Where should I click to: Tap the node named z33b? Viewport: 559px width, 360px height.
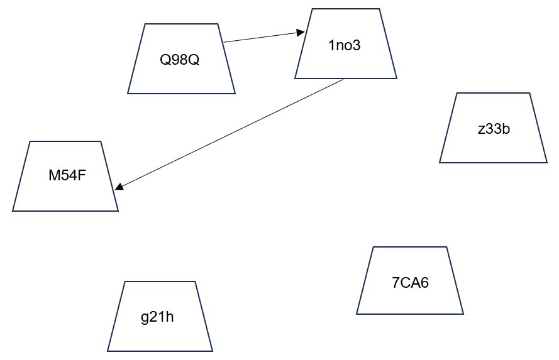pos(493,128)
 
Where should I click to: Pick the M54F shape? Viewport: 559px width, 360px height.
pos(65,176)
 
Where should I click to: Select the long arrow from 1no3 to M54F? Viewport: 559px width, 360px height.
pos(230,134)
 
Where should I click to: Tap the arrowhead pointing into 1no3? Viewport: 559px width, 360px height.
pos(302,32)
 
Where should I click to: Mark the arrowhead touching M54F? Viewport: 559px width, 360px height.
pos(119,186)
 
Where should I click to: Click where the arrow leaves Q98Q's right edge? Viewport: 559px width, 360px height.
pos(224,42)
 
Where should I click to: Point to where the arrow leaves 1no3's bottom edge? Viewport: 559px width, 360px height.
pos(343,79)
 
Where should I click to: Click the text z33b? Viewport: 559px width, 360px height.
pos(493,129)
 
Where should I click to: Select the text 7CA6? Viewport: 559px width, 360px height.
pos(410,283)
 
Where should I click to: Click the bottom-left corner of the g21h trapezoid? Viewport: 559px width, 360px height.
pos(108,351)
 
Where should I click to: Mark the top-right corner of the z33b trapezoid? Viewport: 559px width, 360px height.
pos(529,94)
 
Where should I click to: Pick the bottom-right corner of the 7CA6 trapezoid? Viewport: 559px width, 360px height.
pos(463,314)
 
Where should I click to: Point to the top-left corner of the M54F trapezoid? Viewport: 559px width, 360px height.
pos(30,141)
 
